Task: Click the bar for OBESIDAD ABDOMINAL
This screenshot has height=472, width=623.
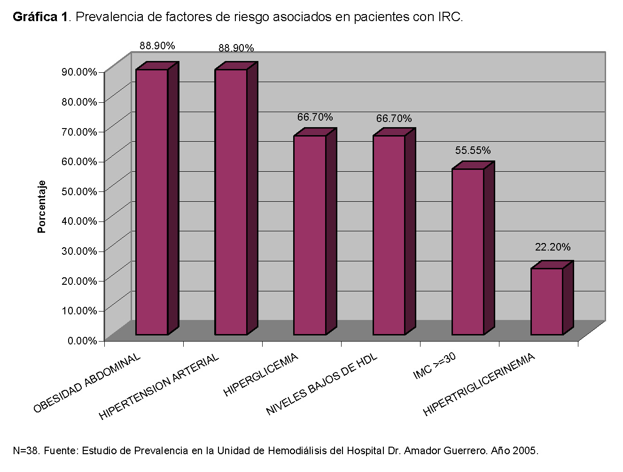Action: (x=152, y=202)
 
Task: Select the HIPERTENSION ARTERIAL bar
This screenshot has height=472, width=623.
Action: (x=231, y=202)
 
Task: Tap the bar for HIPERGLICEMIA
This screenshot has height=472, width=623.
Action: (x=310, y=235)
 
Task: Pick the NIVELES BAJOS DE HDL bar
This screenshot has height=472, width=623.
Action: (x=389, y=235)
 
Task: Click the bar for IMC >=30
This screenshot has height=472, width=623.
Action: (x=467, y=251)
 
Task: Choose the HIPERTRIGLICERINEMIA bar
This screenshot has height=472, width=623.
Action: (x=546, y=301)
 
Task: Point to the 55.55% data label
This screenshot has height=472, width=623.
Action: (x=473, y=151)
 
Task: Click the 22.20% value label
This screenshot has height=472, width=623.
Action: (x=553, y=247)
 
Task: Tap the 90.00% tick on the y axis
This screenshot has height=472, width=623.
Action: (x=79, y=72)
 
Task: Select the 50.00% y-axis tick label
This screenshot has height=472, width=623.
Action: (x=79, y=191)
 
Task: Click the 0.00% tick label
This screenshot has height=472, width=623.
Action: (x=82, y=340)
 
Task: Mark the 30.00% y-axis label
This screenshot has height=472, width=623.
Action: (x=79, y=251)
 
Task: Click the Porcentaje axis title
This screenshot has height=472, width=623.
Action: (x=42, y=206)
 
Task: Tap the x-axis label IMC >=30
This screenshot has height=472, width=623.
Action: (x=435, y=366)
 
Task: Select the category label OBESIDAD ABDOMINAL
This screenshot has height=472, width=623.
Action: (x=87, y=383)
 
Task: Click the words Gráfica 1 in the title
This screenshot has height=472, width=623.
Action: (x=40, y=17)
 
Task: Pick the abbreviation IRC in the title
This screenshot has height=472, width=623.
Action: (x=449, y=17)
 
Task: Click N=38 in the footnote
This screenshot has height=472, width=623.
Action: (x=26, y=451)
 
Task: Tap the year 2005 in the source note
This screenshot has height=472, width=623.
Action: (x=526, y=451)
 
